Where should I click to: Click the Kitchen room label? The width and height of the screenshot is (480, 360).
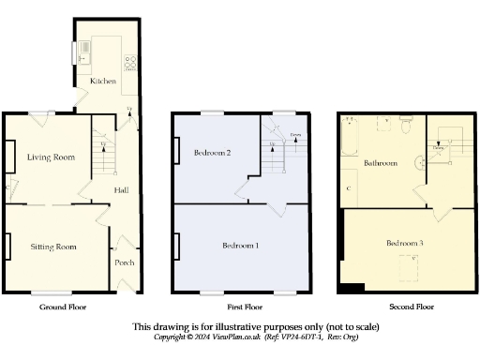[x=103, y=82]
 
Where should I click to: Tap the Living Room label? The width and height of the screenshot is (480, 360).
[x=51, y=157]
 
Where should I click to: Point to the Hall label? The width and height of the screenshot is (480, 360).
[x=122, y=190]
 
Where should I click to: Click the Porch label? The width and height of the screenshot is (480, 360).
[x=125, y=262]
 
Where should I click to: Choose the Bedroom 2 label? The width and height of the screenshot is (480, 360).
[x=213, y=152]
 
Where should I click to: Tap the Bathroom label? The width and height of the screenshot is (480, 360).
[x=382, y=162]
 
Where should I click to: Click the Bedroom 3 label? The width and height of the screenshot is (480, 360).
[x=405, y=243]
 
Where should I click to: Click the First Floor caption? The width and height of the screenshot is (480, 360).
[x=245, y=307]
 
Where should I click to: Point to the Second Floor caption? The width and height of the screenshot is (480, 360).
[x=412, y=307]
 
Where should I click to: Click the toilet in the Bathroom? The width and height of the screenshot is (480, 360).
[x=405, y=121]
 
